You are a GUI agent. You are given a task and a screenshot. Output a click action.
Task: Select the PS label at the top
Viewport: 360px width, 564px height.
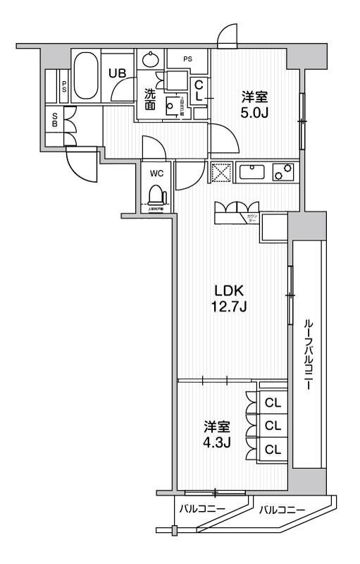[188, 59]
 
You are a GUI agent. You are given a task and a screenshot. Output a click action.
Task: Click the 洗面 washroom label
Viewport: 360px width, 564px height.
[150, 99]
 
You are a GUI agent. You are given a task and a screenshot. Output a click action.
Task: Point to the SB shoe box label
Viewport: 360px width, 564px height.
[55, 121]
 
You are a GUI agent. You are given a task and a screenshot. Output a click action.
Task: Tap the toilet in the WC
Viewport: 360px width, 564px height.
[155, 194]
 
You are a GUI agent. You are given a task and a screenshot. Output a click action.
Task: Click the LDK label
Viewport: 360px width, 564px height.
[230, 290]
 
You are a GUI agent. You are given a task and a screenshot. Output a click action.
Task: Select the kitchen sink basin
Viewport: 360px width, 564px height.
[252, 172]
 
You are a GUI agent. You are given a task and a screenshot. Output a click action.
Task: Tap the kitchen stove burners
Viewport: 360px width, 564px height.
[283, 172]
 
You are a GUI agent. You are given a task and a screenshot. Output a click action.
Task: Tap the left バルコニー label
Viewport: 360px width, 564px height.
[201, 509]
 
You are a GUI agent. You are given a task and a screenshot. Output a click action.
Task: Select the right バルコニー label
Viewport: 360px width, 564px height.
[281, 509]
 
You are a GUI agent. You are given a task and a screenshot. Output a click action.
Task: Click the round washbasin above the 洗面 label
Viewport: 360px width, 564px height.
[150, 59]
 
